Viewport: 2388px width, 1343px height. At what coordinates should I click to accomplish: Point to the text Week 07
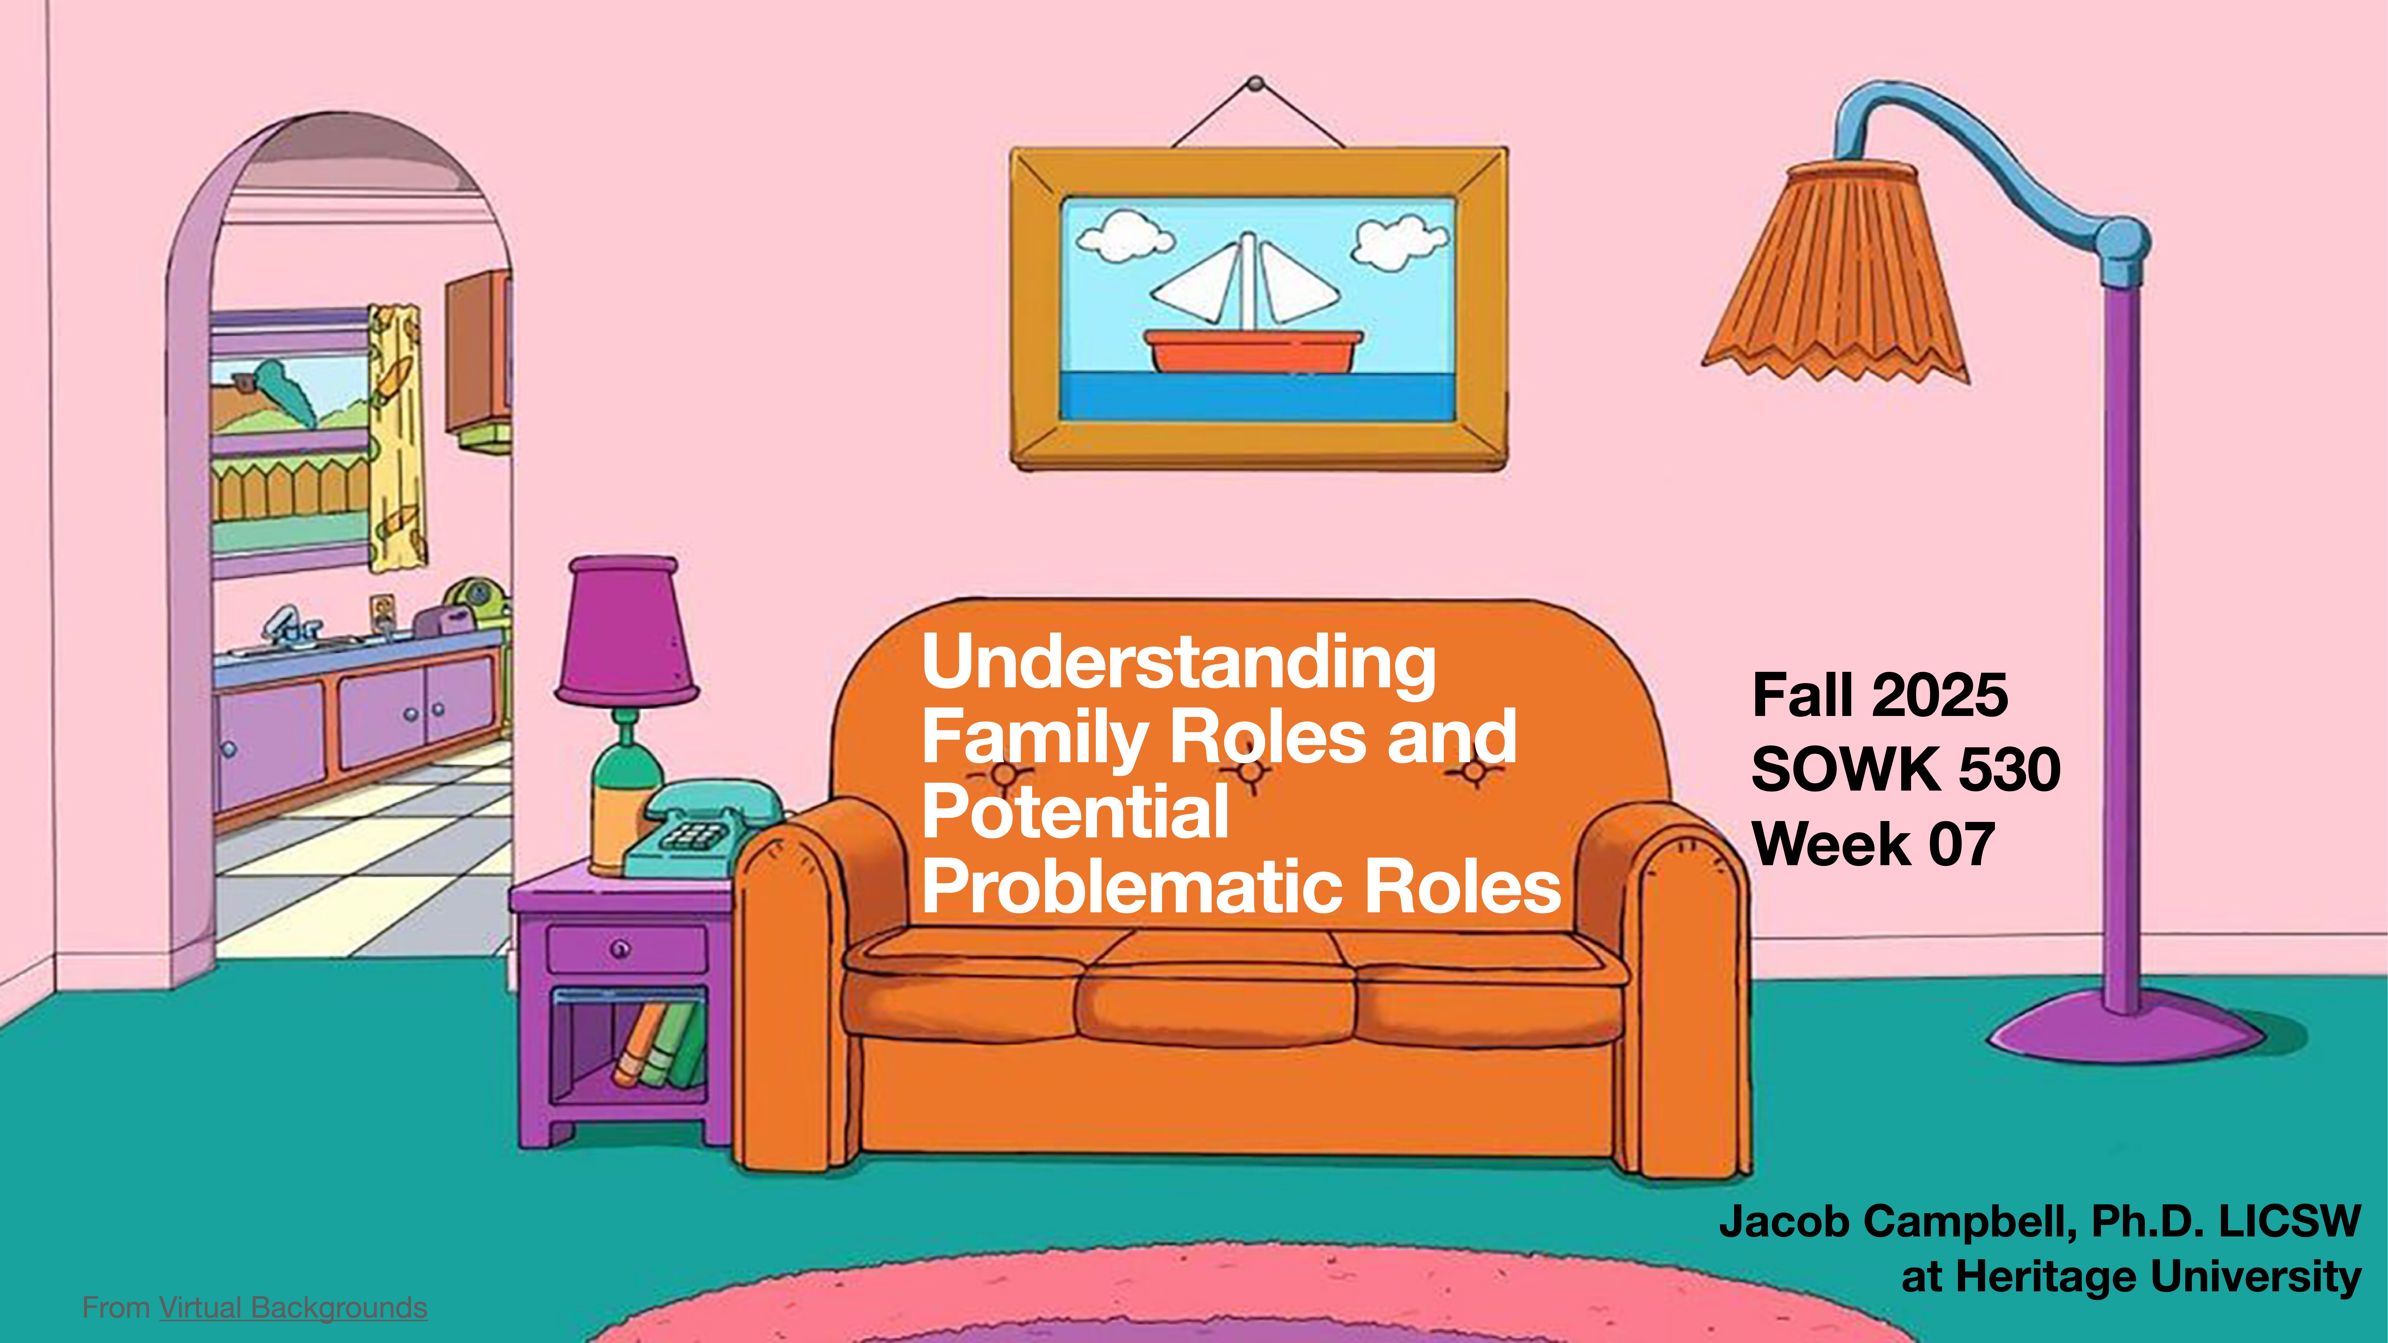pos(1873,844)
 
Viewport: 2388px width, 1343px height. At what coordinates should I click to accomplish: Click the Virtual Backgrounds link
pos(293,1308)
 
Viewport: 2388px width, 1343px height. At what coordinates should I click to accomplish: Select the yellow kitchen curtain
pos(397,436)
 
